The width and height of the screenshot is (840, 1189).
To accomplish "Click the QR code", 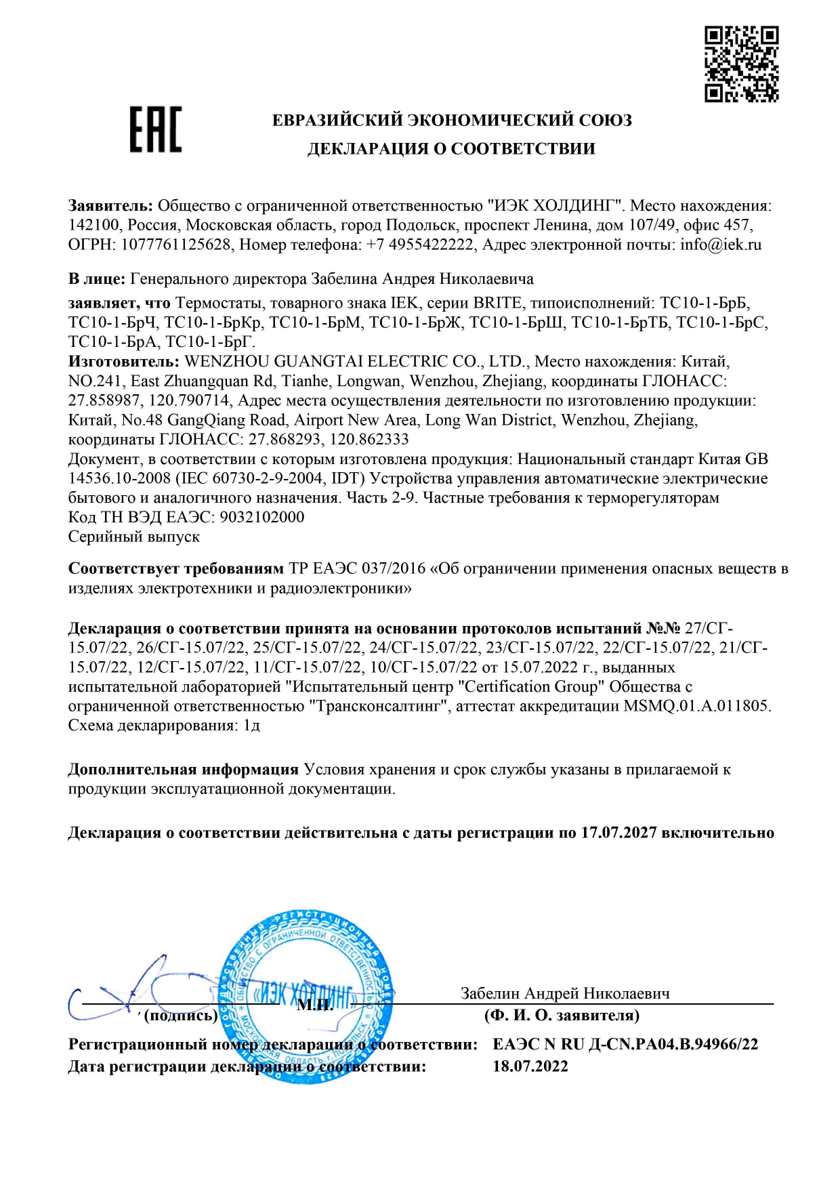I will click(x=741, y=64).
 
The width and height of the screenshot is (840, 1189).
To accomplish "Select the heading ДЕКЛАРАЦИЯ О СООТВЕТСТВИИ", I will click(x=451, y=148).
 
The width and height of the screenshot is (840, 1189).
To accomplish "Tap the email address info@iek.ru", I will click(x=721, y=245).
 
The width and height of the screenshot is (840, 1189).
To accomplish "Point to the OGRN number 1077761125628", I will click(x=175, y=245).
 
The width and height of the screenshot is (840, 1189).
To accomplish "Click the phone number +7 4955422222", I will click(x=420, y=245).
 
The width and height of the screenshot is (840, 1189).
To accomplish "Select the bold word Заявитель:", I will click(x=110, y=205).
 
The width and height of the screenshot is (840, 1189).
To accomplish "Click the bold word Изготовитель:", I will click(x=123, y=361).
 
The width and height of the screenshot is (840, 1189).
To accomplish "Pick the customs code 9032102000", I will click(x=261, y=517).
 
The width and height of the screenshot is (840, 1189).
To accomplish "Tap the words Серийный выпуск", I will click(x=134, y=537).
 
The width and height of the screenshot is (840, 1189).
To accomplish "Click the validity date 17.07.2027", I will click(x=618, y=832).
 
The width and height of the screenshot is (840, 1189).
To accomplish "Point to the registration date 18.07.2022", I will click(x=530, y=1066).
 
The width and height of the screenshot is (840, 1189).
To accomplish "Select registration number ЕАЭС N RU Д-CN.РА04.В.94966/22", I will click(x=625, y=1044).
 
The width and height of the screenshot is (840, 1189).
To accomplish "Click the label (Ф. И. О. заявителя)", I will click(x=562, y=1015).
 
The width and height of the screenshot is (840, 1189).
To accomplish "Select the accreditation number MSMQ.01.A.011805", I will click(x=696, y=706).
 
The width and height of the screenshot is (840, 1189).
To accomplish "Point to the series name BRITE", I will click(x=497, y=303).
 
